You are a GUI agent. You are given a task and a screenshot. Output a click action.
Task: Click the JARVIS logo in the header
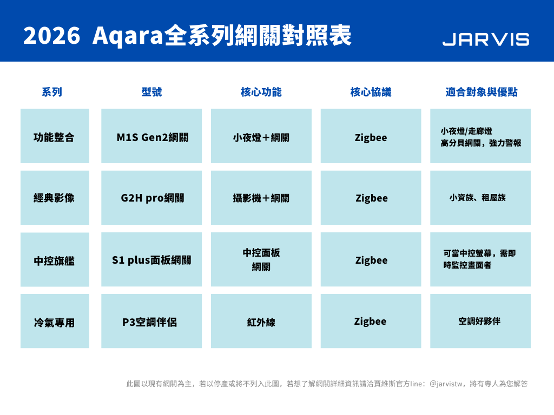pos(486,39)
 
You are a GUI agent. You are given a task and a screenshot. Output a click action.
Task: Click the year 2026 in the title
pos(51,36)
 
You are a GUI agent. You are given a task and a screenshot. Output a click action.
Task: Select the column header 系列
pos(52,92)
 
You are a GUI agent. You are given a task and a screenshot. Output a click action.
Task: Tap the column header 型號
pos(151,92)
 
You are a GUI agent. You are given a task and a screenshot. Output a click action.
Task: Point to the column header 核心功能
pos(261,92)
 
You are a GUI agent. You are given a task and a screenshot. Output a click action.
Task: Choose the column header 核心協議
pos(371,92)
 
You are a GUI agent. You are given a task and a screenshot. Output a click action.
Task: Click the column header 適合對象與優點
pos(481,92)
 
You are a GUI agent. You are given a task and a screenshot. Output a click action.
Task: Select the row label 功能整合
pos(55,136)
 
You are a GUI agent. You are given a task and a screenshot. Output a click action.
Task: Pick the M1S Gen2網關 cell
pos(151,136)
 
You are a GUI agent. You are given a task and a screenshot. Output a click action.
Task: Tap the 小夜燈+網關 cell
pos(261,136)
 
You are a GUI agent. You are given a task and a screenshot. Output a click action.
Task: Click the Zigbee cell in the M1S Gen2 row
pos(371,136)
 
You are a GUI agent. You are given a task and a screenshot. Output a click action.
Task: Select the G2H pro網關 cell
pos(151,198)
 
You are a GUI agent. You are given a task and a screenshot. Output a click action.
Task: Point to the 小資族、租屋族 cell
pos(480,198)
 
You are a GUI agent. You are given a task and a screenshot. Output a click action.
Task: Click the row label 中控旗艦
pos(55,259)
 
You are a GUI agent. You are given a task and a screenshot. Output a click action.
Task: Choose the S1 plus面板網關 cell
pos(151,259)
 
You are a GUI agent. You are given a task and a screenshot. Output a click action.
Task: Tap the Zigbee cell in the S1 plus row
pos(371,259)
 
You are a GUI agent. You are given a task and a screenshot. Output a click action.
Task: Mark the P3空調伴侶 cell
pos(151,321)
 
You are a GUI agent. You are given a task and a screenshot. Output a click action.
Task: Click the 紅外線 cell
pos(261,321)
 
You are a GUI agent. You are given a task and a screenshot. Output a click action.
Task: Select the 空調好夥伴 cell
pos(480,321)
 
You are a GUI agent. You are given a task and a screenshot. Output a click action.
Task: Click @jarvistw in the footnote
pos(446,384)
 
